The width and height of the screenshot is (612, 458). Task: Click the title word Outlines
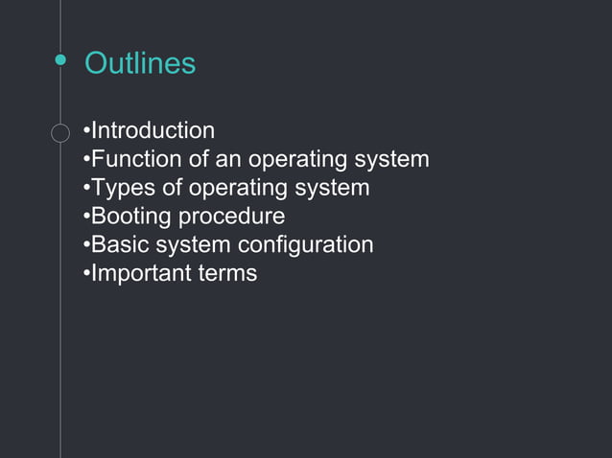tap(140, 63)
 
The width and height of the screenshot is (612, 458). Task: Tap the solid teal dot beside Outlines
tap(60, 61)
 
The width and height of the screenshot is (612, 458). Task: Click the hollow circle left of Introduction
tap(60, 131)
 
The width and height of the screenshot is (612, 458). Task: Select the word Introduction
tap(153, 130)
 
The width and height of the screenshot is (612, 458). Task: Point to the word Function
tap(133, 159)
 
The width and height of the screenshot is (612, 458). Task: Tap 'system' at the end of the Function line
tap(393, 160)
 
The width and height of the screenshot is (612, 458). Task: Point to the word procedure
tap(232, 217)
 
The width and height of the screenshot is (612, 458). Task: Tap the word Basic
tap(120, 244)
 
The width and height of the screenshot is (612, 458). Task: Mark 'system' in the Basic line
tap(192, 245)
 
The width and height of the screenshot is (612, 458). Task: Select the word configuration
tap(306, 245)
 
